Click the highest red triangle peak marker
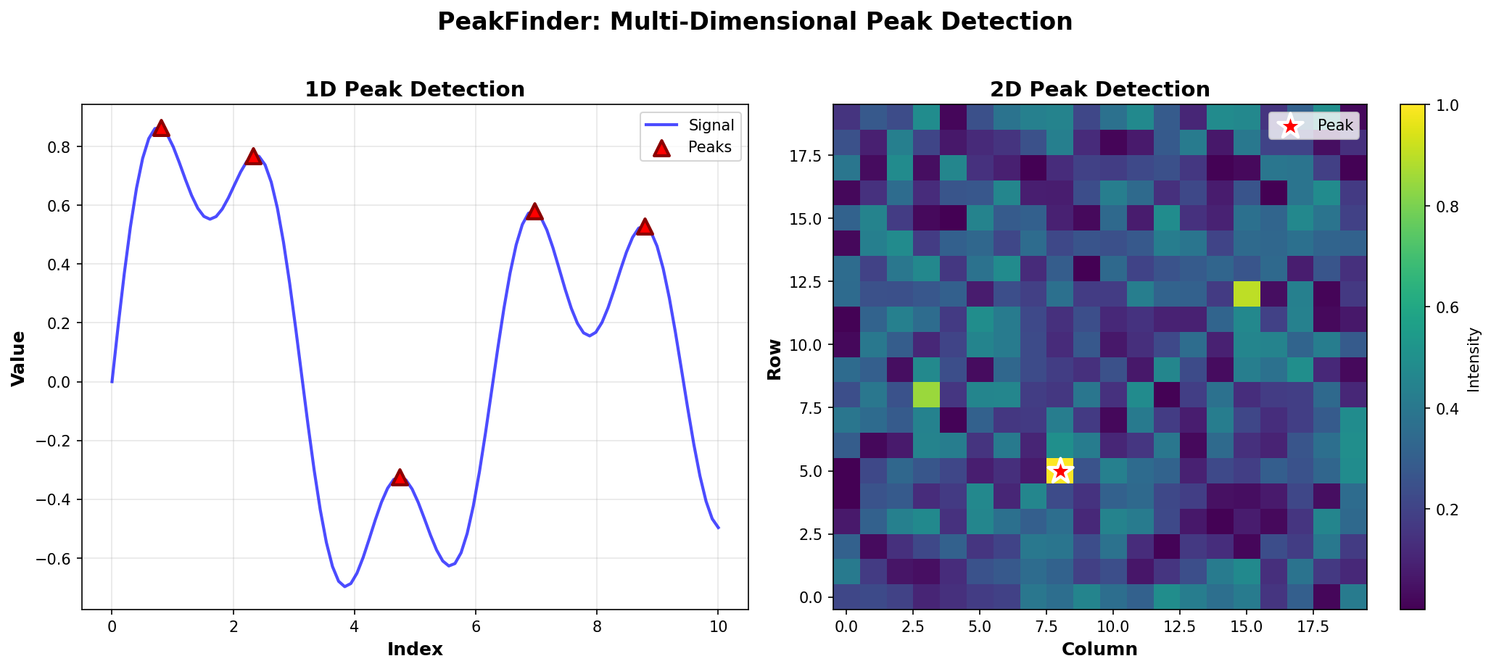point(161,128)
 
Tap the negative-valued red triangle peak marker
point(400,477)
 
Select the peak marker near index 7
point(534,211)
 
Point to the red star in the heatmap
point(1060,471)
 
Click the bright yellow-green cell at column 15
point(1246,294)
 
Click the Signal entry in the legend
point(711,125)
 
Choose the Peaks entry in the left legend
point(709,148)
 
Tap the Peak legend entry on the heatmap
point(1335,125)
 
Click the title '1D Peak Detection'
point(415,90)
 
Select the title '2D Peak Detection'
point(1099,90)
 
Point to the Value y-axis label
point(19,358)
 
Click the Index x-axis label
point(415,649)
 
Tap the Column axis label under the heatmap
point(1099,649)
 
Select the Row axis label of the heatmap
point(775,358)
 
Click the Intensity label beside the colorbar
point(1474,359)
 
